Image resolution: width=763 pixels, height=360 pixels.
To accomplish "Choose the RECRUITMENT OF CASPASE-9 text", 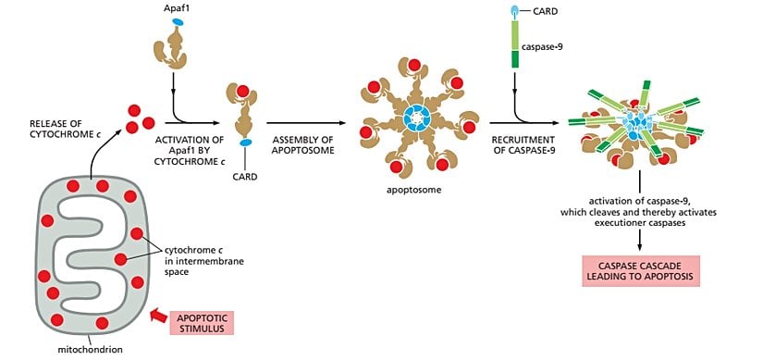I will pos(506,146).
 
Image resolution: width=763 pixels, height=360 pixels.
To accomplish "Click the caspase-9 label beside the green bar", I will pos(547,43).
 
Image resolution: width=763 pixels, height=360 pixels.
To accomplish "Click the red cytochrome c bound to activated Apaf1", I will pos(243,91).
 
